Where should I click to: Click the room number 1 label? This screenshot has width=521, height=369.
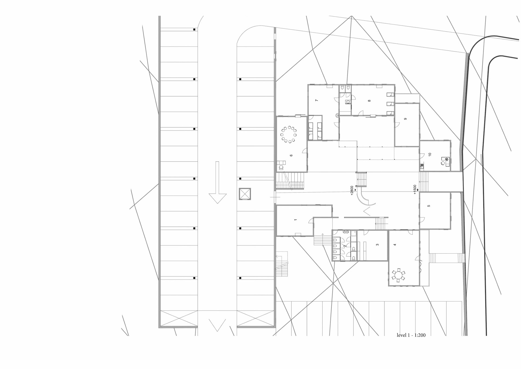[x=296, y=220]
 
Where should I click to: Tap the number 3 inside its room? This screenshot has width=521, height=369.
[x=377, y=245]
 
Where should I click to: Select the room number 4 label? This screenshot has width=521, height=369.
[x=395, y=245]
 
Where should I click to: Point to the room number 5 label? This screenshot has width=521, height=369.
[x=429, y=206]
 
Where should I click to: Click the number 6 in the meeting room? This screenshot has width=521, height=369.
[x=291, y=156]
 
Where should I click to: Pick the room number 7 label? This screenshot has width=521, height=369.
[x=316, y=100]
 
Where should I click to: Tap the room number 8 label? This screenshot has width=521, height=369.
[x=369, y=101]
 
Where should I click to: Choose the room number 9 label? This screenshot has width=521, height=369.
[x=405, y=119]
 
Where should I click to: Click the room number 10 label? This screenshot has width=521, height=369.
[x=430, y=154]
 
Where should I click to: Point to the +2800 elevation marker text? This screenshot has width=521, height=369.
[x=352, y=190]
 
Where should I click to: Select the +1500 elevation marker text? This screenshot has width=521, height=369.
[x=415, y=189]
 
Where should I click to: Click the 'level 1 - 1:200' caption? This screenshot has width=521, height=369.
[x=411, y=335]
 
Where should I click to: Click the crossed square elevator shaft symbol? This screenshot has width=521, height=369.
[x=245, y=194]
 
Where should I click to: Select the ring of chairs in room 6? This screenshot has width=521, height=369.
[x=289, y=134]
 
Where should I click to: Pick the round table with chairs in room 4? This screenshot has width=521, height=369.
[x=398, y=275]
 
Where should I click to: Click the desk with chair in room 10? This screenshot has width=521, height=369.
[x=445, y=162]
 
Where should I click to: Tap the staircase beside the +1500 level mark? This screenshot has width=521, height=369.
[x=424, y=182]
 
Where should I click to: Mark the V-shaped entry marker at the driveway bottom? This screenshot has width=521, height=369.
[x=217, y=325]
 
